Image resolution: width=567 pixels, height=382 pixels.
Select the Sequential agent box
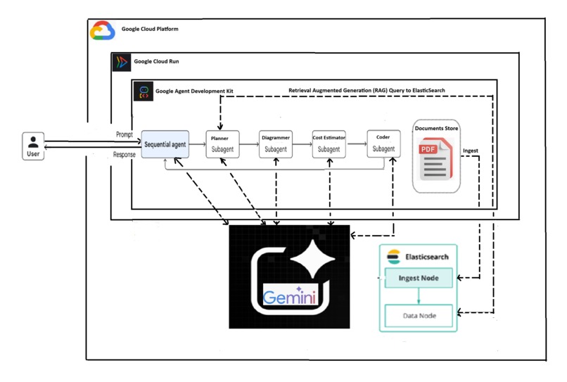165,144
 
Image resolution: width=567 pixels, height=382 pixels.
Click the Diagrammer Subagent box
275,144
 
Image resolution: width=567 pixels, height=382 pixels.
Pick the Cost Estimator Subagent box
329,144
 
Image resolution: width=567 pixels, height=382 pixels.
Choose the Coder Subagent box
383,144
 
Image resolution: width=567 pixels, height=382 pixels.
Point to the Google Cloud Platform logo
102,30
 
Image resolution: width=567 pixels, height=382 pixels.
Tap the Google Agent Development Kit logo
143,91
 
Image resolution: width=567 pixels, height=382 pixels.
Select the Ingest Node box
419,278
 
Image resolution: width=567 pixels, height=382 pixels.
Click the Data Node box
419,316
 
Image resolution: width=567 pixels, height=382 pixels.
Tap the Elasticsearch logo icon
394,257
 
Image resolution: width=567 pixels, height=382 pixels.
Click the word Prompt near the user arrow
125,134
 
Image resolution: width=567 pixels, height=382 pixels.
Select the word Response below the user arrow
125,155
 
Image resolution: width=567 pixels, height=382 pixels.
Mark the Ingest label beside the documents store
471,151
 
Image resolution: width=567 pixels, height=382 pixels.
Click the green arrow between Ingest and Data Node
419,296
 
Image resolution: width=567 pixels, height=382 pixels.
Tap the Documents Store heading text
435,128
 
